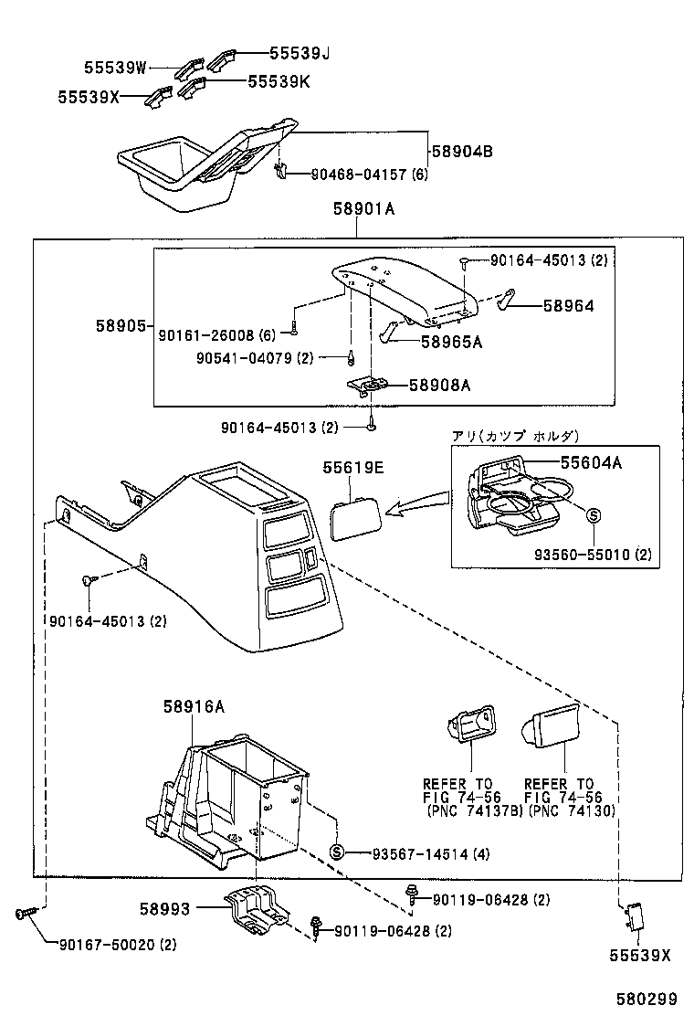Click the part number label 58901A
363,208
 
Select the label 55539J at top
299,54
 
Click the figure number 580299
647,1000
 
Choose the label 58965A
451,342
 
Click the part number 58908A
439,386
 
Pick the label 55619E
352,468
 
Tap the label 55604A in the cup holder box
591,463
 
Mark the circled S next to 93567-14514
336,852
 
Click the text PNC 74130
570,810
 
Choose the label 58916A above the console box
194,706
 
